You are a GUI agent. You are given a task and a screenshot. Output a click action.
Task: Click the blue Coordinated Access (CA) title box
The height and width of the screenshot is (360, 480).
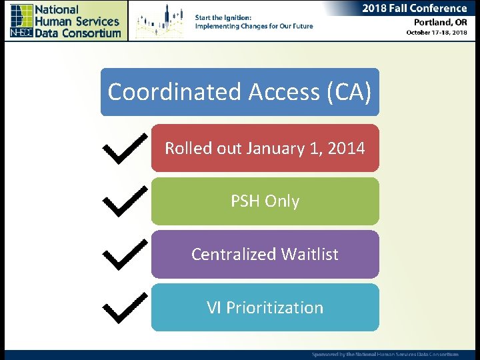pos(239,92)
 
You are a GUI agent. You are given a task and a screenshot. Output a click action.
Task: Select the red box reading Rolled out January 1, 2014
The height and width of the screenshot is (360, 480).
pos(265,148)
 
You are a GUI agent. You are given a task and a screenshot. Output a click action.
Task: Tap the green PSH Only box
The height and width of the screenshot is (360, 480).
pos(265,201)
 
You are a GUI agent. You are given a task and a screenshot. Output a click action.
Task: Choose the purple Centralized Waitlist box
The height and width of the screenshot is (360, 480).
pos(265,254)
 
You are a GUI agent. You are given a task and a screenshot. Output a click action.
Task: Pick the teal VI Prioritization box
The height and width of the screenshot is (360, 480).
pos(265,307)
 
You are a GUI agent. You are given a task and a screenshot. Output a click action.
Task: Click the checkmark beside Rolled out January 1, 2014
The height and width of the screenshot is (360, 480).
pos(126,149)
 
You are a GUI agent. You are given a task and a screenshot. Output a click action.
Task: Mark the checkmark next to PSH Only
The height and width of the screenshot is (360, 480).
pos(126,201)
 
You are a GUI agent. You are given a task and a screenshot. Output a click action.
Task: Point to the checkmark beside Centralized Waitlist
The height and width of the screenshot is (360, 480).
pos(126,255)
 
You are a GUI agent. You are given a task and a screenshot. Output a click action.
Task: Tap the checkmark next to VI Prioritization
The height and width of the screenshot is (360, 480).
pos(126,308)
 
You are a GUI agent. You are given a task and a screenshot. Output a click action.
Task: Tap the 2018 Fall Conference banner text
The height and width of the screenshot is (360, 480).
pos(414,9)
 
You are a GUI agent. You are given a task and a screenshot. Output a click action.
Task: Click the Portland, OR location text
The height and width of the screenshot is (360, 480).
pos(436,22)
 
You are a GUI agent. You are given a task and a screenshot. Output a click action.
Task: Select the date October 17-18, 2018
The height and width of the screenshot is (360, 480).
pos(437,33)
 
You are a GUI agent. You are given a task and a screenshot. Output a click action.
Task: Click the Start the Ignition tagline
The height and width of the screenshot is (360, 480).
pos(253,21)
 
